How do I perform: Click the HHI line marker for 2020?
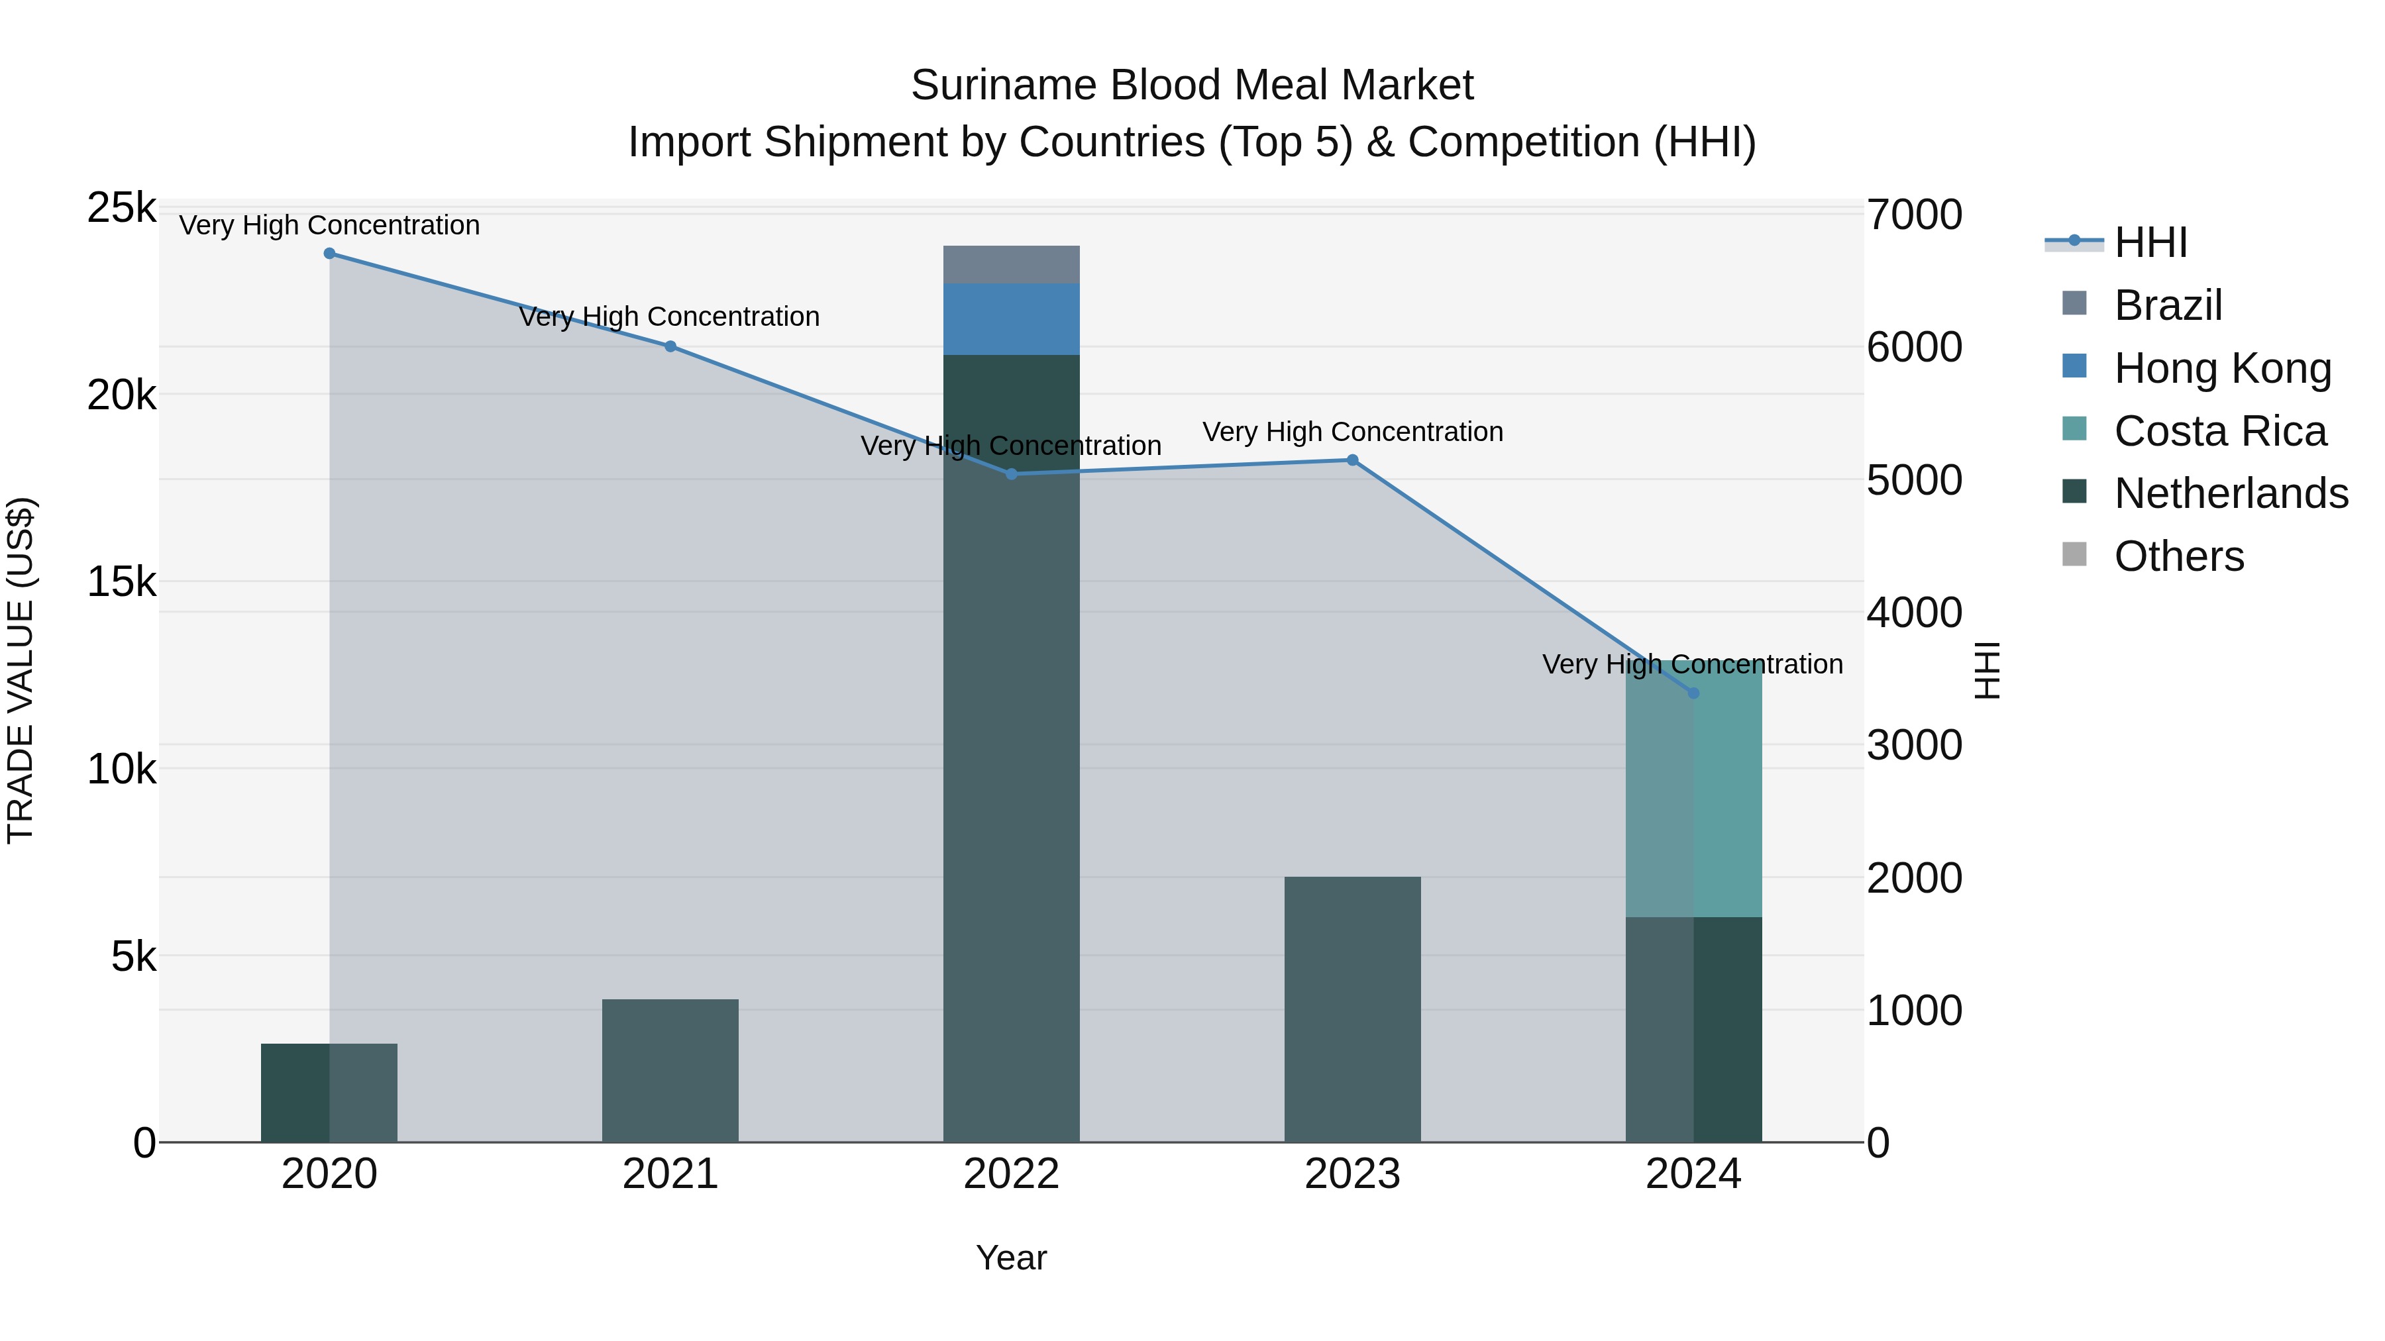(330, 254)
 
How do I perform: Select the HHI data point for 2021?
(670, 346)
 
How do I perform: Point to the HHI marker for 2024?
(1693, 692)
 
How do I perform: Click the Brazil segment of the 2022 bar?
(1011, 265)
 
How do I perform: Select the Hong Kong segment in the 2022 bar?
(1011, 319)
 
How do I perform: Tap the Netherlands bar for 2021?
(670, 1070)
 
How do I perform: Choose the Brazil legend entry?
(2168, 305)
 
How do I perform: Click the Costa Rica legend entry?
(2220, 431)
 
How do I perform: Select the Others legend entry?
(2178, 557)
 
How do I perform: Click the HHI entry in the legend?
(2150, 242)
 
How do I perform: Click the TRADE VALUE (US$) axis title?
(21, 670)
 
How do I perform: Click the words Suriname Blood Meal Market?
(1192, 85)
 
